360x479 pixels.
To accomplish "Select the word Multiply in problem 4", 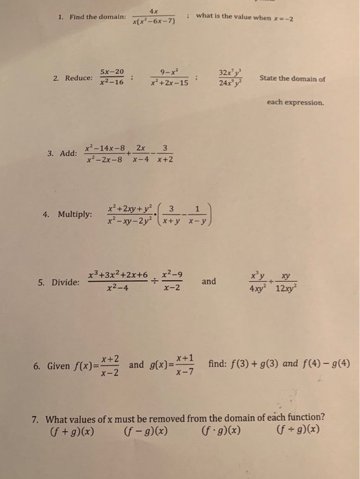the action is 75,214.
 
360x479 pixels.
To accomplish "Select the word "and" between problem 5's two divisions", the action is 209,281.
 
